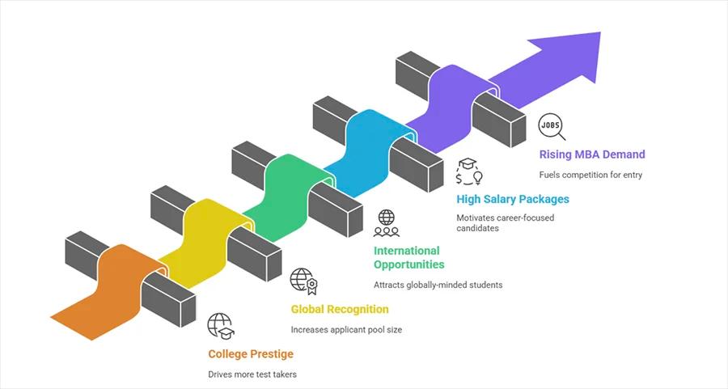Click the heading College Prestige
(x=251, y=353)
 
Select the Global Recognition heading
(x=340, y=309)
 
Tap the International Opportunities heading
(x=408, y=257)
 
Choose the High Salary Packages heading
(x=513, y=199)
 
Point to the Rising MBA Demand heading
(x=592, y=154)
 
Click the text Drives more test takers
(x=252, y=374)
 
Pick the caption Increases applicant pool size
(x=346, y=329)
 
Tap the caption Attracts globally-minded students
(x=438, y=285)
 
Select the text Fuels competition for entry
(x=590, y=175)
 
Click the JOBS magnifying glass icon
(x=552, y=127)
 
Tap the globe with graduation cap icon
(x=221, y=325)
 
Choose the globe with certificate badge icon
(x=303, y=280)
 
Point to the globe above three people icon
(x=387, y=222)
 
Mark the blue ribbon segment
(x=368, y=146)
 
